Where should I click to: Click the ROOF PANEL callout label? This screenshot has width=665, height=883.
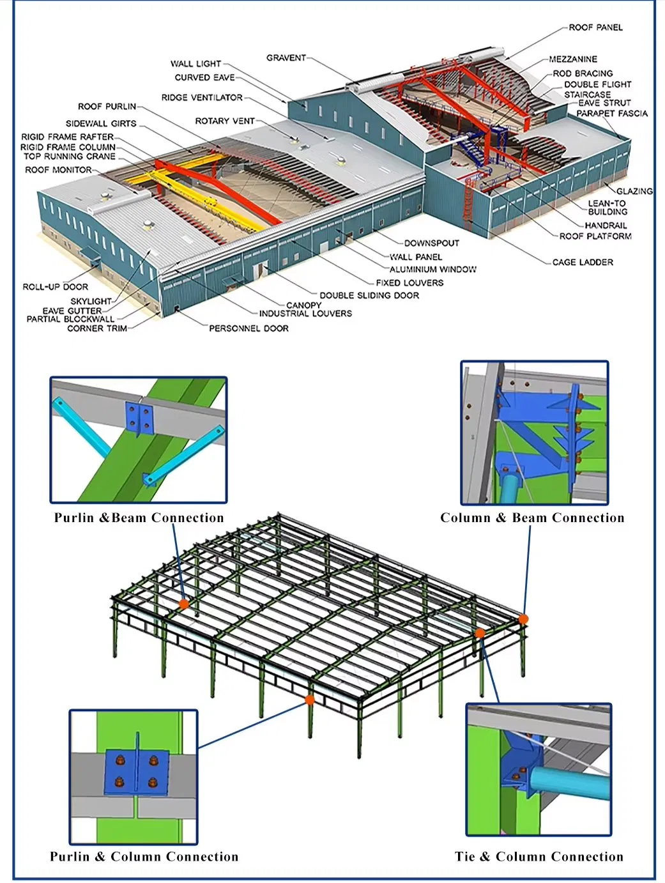(x=595, y=27)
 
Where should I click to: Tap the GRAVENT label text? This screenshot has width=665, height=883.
(x=286, y=58)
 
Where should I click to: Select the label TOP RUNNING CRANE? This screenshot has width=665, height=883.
(x=70, y=156)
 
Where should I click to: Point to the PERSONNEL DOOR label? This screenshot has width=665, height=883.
(x=248, y=328)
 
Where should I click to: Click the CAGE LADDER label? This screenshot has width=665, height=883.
(x=582, y=262)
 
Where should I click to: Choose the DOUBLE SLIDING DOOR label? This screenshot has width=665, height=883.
(x=369, y=295)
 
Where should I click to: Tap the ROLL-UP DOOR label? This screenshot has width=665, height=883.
(x=56, y=287)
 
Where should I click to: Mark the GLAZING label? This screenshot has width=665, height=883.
(x=634, y=191)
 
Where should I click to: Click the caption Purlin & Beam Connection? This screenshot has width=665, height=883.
(x=139, y=518)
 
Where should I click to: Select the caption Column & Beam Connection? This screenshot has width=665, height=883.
(x=532, y=518)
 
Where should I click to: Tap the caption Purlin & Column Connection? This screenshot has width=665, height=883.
(x=144, y=857)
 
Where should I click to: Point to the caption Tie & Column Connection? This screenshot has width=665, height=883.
(x=539, y=857)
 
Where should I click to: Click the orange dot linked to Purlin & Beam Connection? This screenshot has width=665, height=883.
(x=184, y=603)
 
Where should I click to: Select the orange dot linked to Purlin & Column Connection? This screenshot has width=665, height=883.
(x=310, y=700)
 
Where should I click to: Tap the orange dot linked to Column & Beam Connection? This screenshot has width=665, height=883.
(x=523, y=618)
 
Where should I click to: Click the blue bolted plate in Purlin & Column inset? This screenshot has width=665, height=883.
(x=136, y=772)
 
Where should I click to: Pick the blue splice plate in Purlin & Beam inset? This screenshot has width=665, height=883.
(x=139, y=418)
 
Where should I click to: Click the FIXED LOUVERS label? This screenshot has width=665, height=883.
(x=409, y=282)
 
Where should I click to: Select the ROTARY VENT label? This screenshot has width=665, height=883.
(x=224, y=121)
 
